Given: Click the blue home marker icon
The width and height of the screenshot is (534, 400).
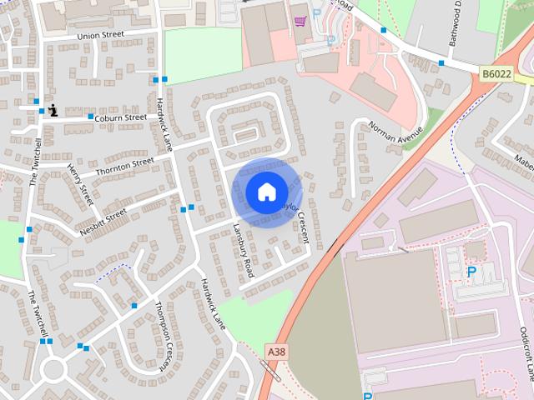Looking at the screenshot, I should coord(265,192).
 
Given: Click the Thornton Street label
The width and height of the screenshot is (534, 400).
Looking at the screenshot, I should coord(125,165).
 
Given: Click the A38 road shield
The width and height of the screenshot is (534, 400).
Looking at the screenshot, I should coord(277,352).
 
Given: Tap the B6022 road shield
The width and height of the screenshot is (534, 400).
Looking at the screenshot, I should coord(496,75).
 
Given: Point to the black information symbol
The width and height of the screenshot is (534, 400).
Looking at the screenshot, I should coord(53,109).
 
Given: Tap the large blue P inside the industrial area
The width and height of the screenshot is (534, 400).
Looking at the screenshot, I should coord(471,272).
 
